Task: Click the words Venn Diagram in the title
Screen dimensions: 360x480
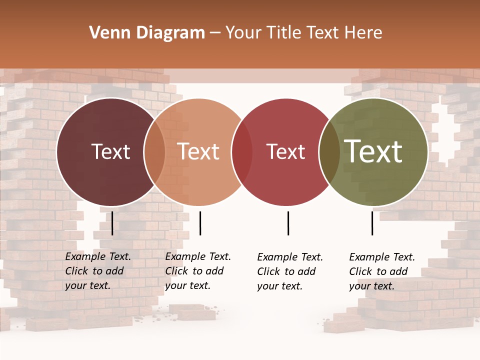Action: (x=147, y=33)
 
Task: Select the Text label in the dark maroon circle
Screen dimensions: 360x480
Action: (x=110, y=151)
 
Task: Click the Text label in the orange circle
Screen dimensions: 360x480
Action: (x=198, y=151)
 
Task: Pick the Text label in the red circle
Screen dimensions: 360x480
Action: (x=285, y=151)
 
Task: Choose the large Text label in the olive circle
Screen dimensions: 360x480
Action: (x=373, y=151)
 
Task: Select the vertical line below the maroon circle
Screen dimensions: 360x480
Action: (x=112, y=223)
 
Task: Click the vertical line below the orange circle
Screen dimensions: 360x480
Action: (x=200, y=223)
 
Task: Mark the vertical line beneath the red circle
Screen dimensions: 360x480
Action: (x=288, y=223)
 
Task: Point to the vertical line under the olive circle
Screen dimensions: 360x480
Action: (x=372, y=223)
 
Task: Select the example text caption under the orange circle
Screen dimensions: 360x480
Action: (x=197, y=271)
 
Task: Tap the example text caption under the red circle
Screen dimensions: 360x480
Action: (x=289, y=271)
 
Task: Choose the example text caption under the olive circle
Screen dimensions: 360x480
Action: (x=381, y=271)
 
